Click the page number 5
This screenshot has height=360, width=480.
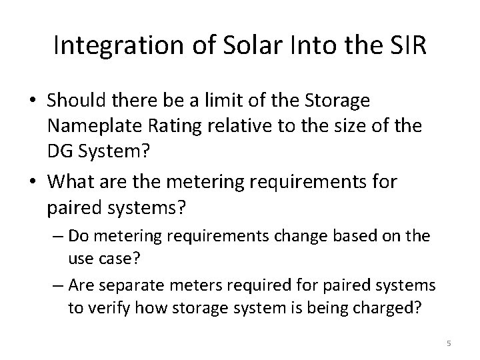tap(449, 343)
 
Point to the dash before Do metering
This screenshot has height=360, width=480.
tap(57, 235)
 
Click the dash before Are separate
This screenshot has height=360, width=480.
tap(57, 286)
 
